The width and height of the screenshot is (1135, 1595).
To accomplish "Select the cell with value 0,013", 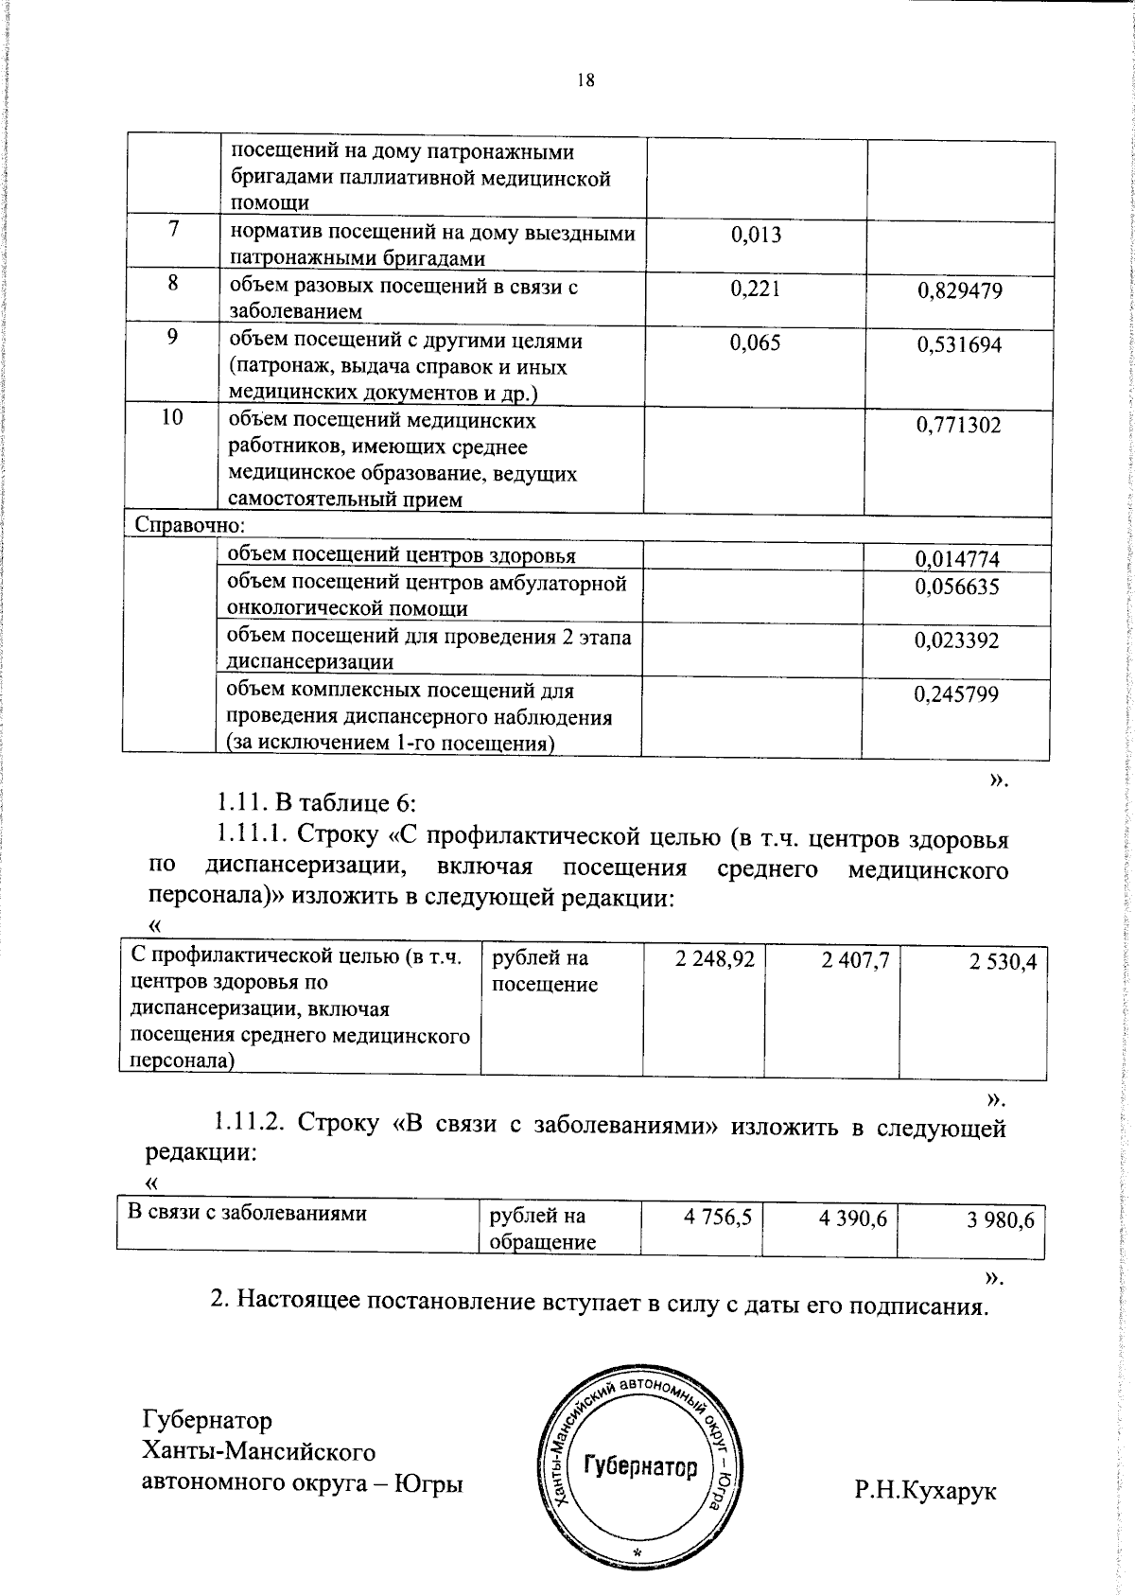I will [x=756, y=236].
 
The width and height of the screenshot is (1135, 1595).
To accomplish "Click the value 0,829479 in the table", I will [x=959, y=291].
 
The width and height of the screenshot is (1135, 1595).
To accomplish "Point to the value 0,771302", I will [x=958, y=425].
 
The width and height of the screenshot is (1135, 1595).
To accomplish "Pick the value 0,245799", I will [x=956, y=695].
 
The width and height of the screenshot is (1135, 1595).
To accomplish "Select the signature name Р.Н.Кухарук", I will [x=925, y=1492].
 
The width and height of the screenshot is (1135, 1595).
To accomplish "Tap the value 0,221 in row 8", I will [x=756, y=289].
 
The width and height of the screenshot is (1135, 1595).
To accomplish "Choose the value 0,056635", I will [x=956, y=587].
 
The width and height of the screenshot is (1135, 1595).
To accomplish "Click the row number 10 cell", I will [x=172, y=417].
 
